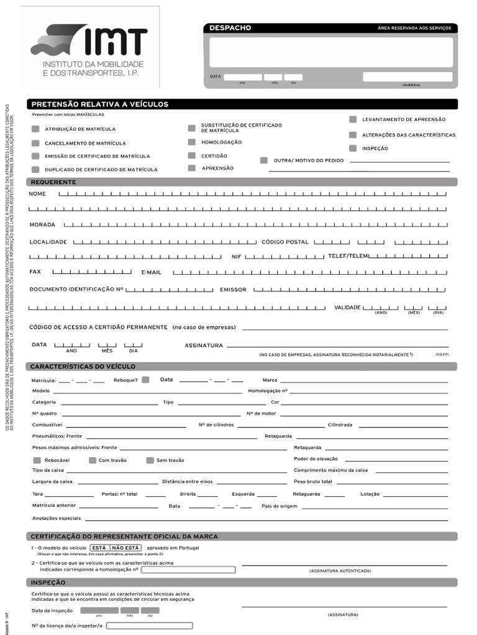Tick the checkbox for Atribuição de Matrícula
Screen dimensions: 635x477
[35, 129]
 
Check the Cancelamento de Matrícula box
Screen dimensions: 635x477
[35, 143]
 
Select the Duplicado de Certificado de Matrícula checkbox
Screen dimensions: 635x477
[35, 169]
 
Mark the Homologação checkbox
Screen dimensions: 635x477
[192, 142]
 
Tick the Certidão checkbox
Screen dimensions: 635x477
[192, 156]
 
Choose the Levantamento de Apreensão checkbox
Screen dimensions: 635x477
[353, 119]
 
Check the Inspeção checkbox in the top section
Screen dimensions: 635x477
[353, 148]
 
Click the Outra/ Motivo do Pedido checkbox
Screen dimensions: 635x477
[264, 160]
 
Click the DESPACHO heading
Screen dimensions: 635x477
[230, 28]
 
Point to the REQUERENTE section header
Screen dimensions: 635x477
[53, 182]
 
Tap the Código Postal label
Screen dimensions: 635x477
[284, 242]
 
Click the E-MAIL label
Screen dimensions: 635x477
[151, 272]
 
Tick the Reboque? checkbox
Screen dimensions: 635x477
[145, 380]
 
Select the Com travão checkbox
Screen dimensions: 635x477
[93, 460]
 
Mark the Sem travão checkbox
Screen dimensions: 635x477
[150, 460]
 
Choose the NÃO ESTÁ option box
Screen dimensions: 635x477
[126, 548]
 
